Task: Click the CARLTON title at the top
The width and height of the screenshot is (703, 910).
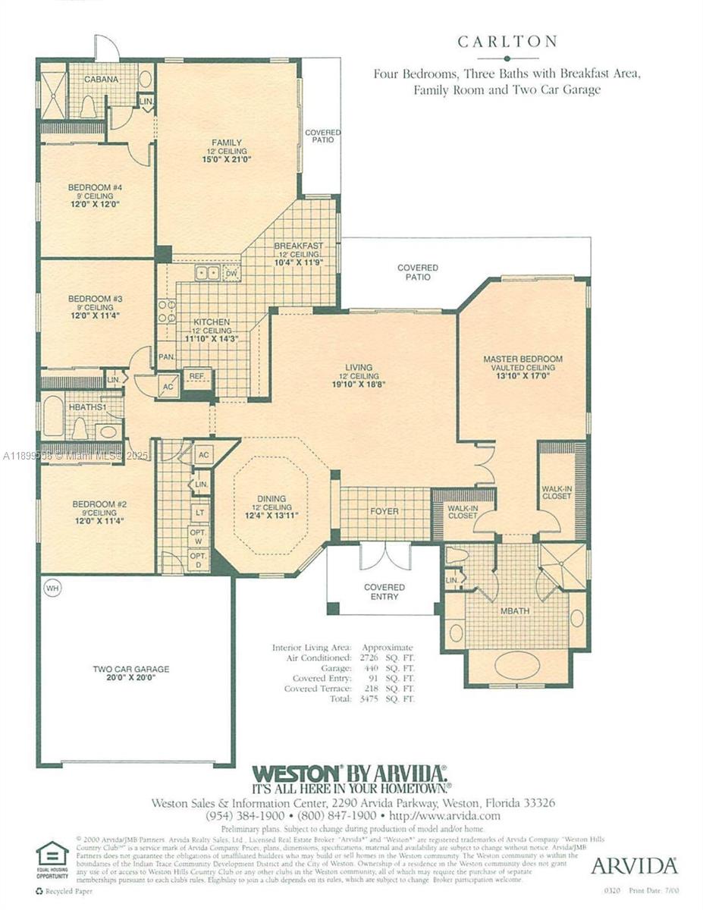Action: coord(507,42)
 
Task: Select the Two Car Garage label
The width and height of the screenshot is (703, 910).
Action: coord(130,670)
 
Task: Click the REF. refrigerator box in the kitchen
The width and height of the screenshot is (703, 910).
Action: coord(197,376)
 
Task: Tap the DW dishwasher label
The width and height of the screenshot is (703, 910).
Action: coord(231,274)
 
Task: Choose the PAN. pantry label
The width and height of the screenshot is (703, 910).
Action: coord(166,355)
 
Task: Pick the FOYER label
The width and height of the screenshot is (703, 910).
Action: coord(384,512)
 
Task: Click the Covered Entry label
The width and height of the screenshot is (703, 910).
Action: coord(384,592)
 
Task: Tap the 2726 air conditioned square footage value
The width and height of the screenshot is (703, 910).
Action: coord(369,658)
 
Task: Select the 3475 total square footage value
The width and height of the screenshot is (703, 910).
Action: coord(369,698)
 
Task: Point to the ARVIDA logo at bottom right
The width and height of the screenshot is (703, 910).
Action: coord(633,865)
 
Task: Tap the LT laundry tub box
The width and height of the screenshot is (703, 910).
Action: coord(199,512)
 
